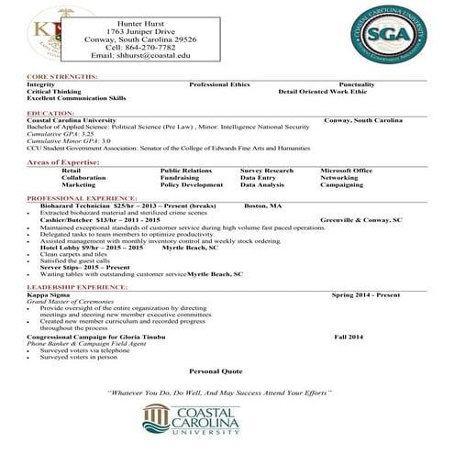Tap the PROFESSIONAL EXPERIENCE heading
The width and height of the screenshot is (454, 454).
coord(83,198)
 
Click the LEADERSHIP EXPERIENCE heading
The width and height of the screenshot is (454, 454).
coord(77,287)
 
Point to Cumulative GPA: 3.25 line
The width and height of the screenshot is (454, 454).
coord(61,134)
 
